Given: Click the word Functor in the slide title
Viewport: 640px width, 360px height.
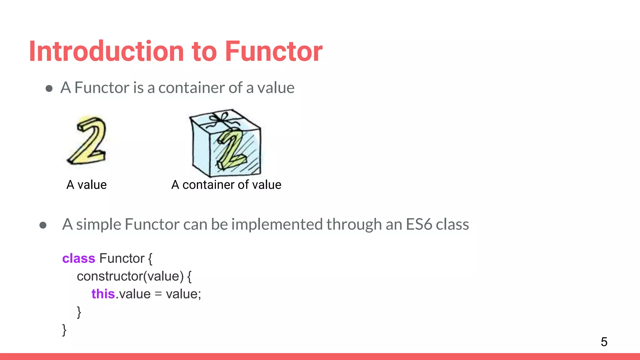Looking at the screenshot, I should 273,52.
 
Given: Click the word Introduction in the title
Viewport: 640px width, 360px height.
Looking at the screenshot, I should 107,52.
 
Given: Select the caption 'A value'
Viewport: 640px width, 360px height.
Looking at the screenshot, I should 87,185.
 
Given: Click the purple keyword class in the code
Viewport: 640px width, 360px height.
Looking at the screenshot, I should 78,259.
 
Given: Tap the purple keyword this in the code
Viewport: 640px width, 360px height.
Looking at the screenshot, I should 103,294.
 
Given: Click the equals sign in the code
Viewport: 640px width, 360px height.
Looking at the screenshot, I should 158,294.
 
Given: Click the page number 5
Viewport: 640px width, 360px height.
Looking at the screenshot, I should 604,342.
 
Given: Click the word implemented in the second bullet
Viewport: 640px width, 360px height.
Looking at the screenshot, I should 277,224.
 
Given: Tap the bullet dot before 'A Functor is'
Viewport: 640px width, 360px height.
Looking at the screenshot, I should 49,88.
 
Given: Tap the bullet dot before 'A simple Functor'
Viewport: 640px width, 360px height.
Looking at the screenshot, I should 43,225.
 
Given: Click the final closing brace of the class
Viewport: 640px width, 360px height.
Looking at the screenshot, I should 64,330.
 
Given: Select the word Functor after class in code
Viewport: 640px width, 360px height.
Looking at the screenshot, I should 122,259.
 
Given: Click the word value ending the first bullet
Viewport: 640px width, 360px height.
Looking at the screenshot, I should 276,88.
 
